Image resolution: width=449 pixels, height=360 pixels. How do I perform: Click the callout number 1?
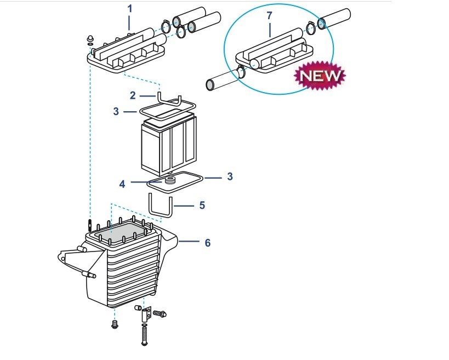[x=130, y=9]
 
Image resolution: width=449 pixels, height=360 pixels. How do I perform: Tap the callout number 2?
[x=133, y=95]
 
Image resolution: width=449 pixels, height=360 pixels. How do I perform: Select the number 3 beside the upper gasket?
[x=116, y=111]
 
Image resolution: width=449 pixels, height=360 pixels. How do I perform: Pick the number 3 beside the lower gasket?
[x=230, y=176]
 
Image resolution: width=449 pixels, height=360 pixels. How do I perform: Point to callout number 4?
[x=122, y=184]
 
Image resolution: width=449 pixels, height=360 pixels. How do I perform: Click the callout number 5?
[x=202, y=205]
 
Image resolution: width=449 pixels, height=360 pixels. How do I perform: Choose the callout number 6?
[x=208, y=243]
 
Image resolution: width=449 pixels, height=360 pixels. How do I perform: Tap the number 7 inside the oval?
[x=269, y=16]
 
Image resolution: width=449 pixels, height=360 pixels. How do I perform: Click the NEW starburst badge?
[x=320, y=75]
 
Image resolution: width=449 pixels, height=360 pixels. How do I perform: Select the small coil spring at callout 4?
[x=169, y=181]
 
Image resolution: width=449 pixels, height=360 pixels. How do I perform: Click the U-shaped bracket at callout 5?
[x=160, y=205]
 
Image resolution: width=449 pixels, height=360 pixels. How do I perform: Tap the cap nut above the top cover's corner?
[x=90, y=38]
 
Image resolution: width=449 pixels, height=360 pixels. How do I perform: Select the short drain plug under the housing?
[x=115, y=324]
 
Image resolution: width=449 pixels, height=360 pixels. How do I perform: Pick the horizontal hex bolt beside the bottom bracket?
[x=160, y=313]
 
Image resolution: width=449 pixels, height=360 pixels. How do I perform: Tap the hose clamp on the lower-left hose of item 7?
[x=241, y=72]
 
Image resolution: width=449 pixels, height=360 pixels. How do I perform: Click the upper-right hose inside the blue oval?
[x=334, y=18]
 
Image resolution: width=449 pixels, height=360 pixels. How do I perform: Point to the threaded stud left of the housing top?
[x=89, y=225]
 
